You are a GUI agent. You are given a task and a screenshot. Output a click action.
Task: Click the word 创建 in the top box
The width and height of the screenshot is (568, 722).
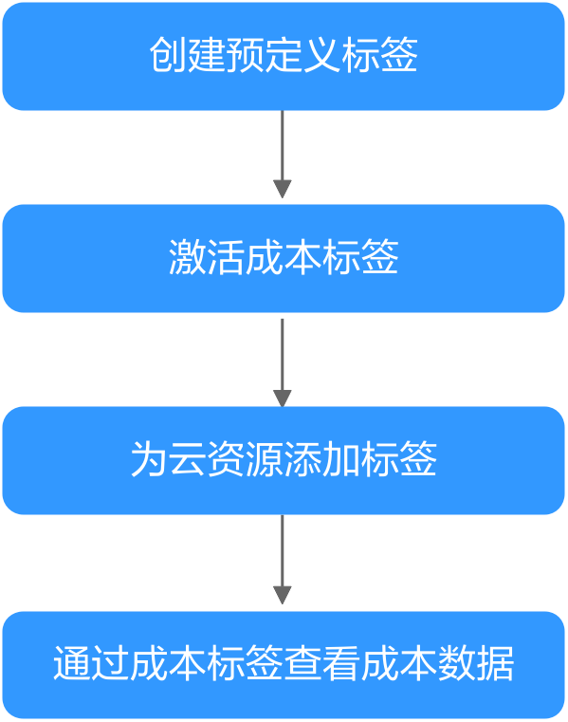click(169, 55)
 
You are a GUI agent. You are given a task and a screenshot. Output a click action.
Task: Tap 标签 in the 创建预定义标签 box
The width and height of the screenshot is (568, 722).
click(379, 55)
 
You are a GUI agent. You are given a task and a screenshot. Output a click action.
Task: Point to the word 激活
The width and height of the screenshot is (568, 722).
click(207, 257)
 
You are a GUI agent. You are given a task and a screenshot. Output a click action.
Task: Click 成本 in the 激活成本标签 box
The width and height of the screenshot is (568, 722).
click(284, 257)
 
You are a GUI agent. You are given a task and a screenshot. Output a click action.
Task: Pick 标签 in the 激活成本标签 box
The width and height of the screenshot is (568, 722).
click(360, 257)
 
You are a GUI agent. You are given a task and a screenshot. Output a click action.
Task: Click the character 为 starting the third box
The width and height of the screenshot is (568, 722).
click(150, 458)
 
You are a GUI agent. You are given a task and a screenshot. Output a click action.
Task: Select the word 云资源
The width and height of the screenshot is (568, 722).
click(226, 458)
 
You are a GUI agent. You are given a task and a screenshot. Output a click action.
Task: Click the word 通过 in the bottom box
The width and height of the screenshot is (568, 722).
click(92, 663)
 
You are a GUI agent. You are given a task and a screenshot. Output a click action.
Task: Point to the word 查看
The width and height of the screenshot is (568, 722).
click(321, 663)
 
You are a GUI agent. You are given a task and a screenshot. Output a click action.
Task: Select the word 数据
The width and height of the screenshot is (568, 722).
click(475, 663)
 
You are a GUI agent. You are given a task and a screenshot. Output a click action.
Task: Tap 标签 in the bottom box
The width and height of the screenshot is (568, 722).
click(245, 663)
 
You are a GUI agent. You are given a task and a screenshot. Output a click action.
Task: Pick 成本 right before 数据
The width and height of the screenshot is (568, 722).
click(398, 663)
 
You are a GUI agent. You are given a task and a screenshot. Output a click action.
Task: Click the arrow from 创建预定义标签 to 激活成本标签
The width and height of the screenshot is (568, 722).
click(283, 155)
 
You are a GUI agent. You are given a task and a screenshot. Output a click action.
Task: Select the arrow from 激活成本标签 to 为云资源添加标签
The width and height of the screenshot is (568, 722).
click(283, 362)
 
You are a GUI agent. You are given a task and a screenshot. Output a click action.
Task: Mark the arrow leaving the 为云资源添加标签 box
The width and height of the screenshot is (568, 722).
click(283, 560)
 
